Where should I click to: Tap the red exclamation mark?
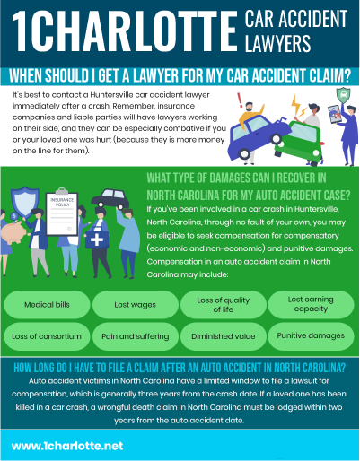240,100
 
